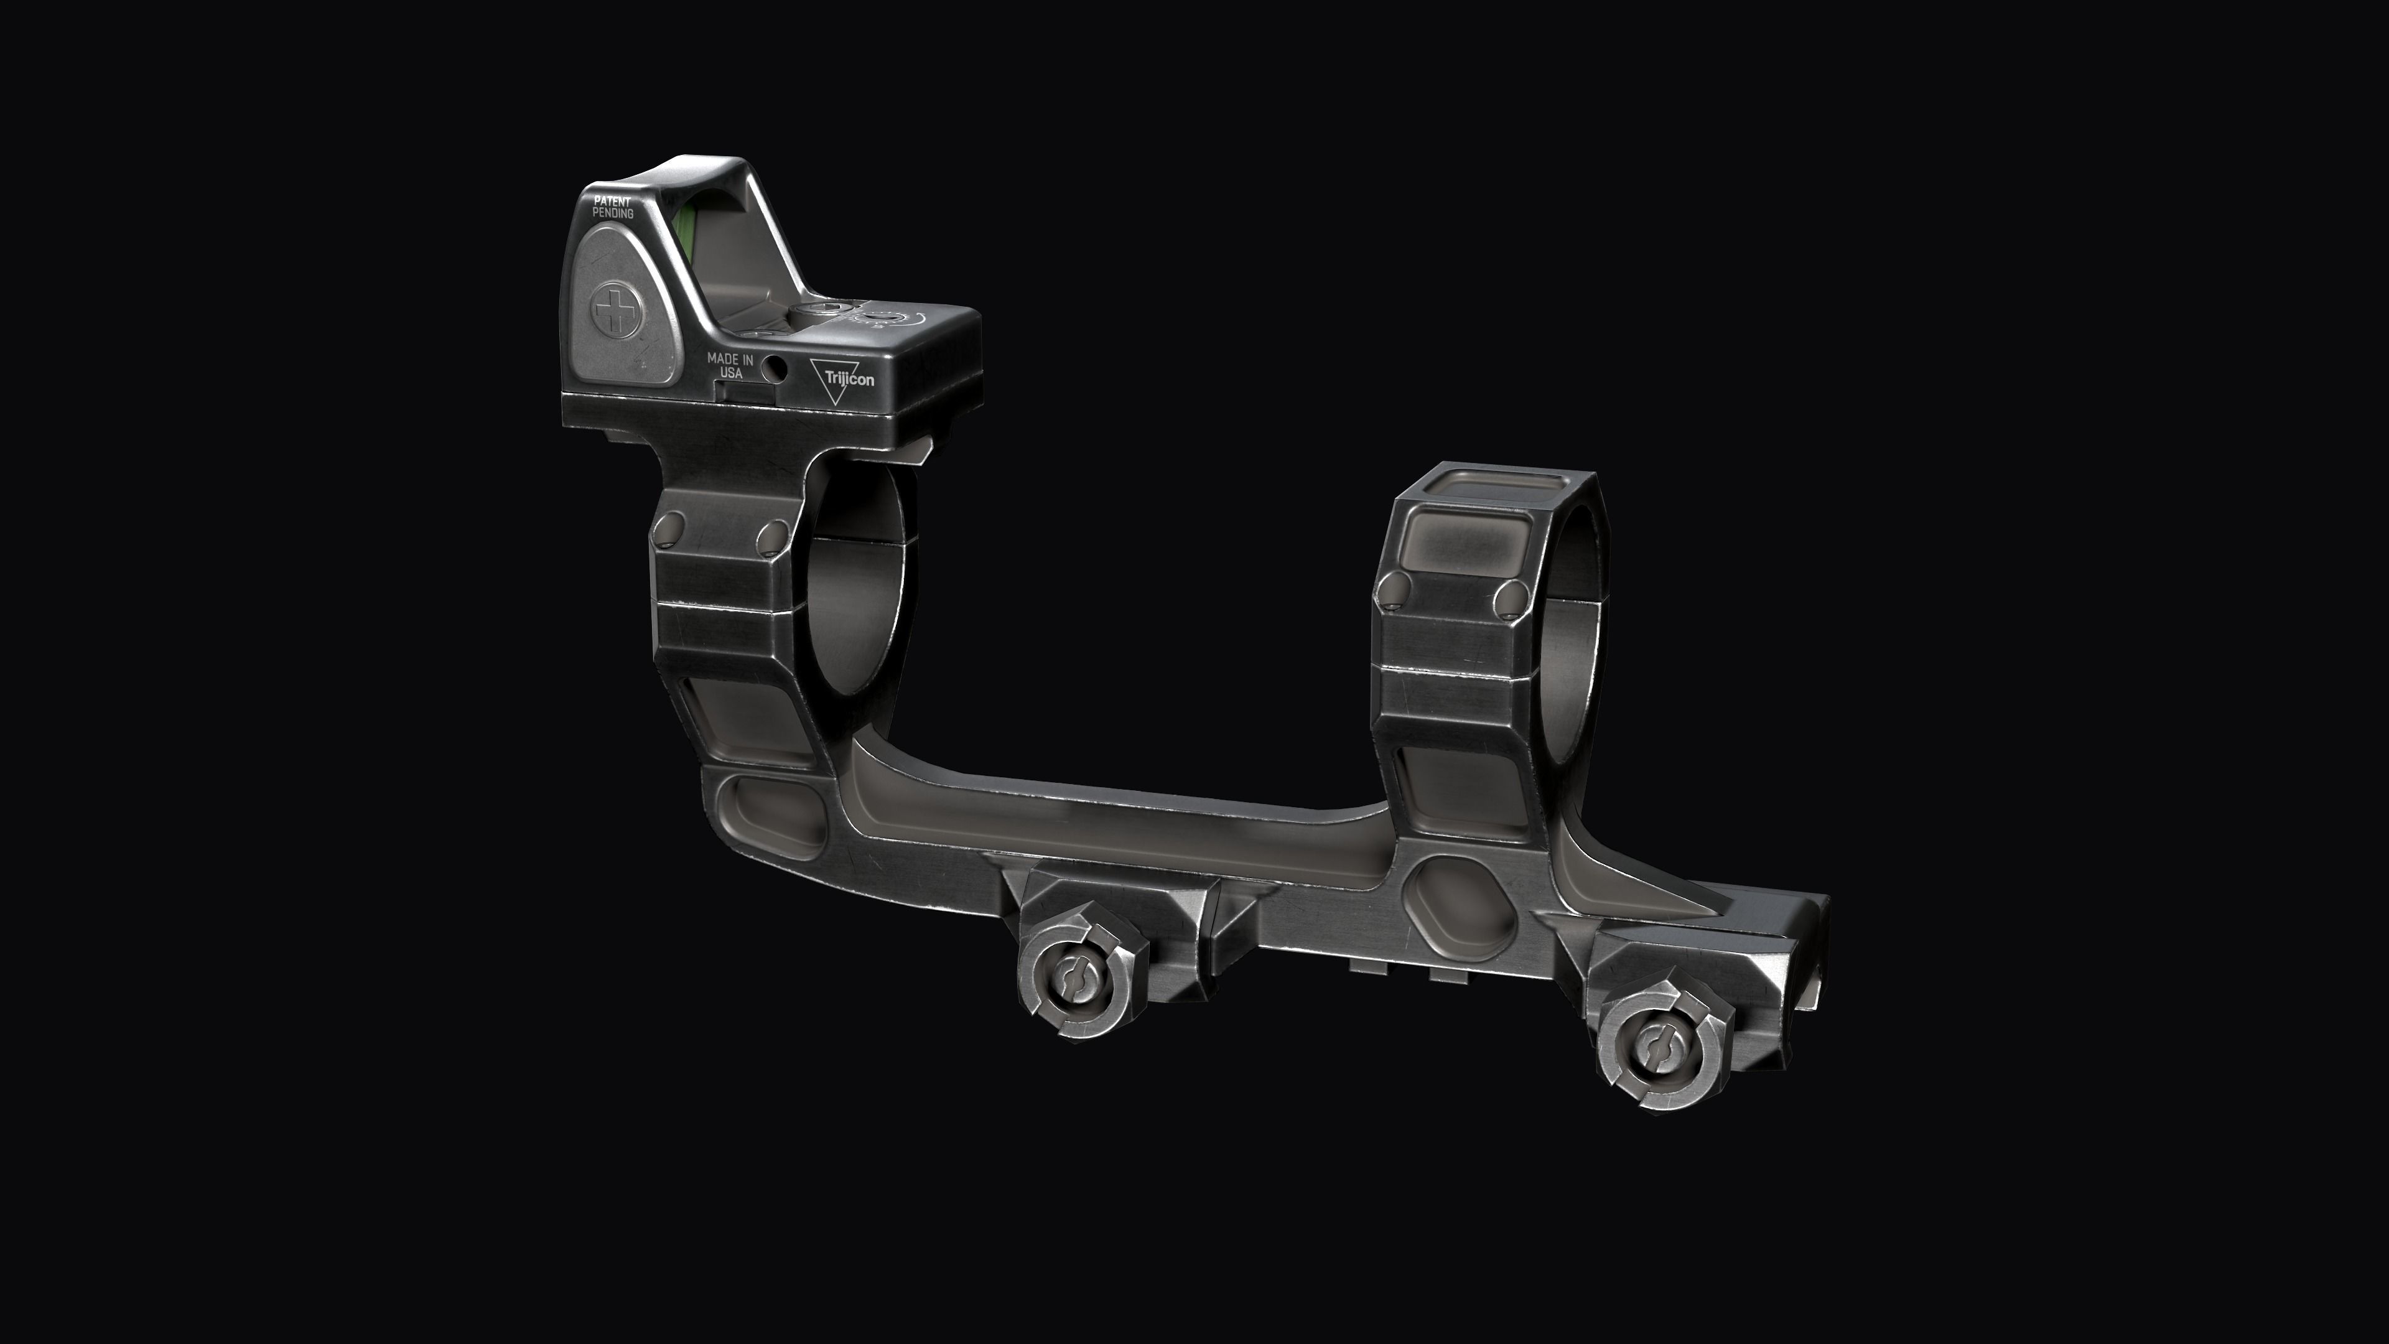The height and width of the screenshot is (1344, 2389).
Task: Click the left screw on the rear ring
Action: (x=1390, y=590)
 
